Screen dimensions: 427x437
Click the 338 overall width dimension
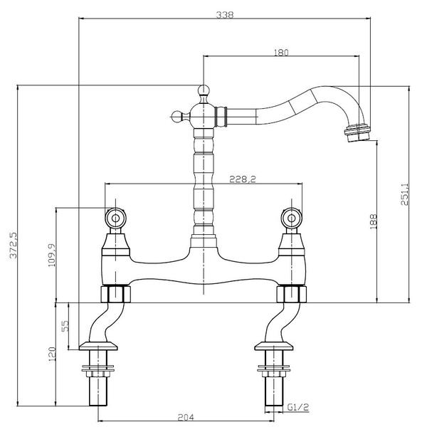225,14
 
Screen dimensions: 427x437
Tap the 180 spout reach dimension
281,53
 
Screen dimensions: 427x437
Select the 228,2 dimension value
243,179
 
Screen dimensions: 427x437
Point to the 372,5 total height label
14,246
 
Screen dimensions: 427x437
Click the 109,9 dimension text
52,255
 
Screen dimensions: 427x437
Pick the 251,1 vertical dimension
404,194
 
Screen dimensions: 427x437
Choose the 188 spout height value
373,221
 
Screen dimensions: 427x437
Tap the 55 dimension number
65,325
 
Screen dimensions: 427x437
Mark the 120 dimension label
52,354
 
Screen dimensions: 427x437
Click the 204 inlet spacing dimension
186,417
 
